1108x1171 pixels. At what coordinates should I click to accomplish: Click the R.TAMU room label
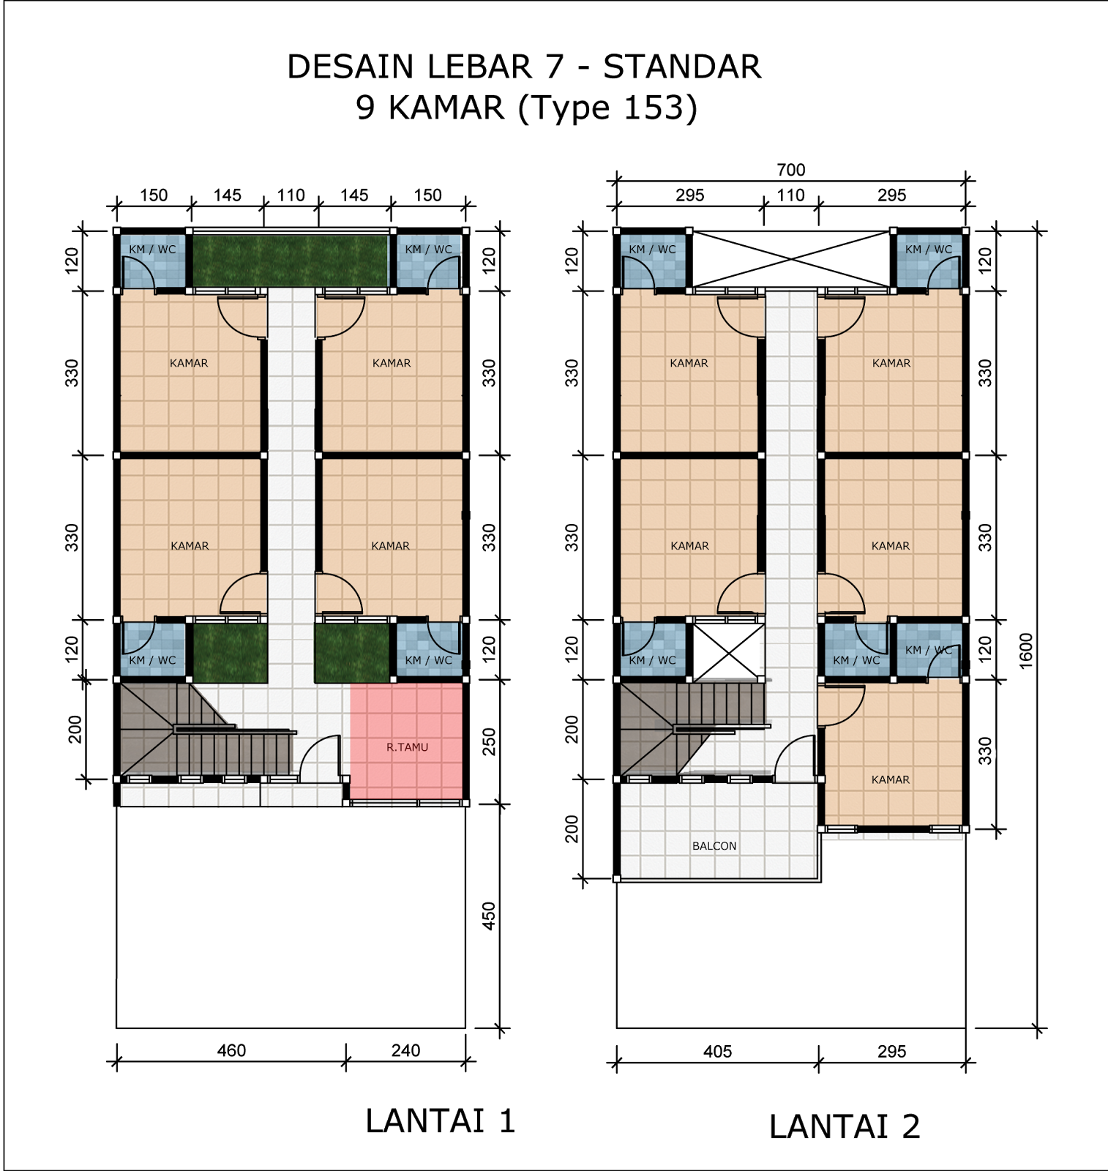click(407, 747)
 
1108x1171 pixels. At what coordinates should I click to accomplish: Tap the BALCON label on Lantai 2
click(714, 846)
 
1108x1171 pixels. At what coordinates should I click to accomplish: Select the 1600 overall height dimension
click(1025, 650)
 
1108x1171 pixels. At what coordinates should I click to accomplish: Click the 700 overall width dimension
click(790, 170)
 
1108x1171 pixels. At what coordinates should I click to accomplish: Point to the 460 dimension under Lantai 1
click(231, 1050)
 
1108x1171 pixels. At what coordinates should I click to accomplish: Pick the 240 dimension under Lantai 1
click(405, 1050)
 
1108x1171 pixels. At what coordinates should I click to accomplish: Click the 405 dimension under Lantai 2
click(717, 1051)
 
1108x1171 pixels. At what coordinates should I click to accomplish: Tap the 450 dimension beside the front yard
click(489, 916)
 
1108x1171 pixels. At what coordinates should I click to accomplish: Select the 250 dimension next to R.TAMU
click(489, 741)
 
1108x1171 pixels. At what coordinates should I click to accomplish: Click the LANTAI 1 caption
click(441, 1121)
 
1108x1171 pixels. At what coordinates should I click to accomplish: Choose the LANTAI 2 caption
click(845, 1126)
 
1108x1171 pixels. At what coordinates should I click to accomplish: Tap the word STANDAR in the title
click(682, 67)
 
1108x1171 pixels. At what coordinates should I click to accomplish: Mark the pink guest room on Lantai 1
click(406, 741)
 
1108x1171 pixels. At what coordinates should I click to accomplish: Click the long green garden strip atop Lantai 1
click(290, 261)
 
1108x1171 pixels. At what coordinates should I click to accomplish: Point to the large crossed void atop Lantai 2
click(791, 259)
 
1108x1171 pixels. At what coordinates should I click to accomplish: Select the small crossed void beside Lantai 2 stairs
click(728, 651)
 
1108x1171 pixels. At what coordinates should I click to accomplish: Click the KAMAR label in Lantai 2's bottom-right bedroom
click(891, 780)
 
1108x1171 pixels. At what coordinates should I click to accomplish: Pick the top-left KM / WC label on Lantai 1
click(152, 250)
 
